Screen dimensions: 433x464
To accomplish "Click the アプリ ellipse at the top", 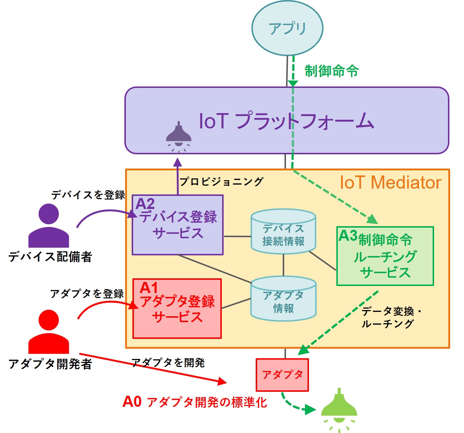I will coord(287,28).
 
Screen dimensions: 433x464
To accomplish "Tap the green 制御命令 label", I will coord(331,71).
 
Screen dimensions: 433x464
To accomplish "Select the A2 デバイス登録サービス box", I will coord(178,225).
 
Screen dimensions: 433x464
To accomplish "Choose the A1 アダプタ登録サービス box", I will coord(177,309).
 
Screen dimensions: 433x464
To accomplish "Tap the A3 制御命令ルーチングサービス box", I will coord(385,256).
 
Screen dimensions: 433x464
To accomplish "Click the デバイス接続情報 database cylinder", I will coord(283,231).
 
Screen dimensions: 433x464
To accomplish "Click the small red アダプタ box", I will coord(282,375).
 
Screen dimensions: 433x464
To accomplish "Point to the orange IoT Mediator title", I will coord(390,182).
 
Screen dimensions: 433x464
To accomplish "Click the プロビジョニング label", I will coord(221,181).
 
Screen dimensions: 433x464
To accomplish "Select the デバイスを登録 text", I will coord(88,195).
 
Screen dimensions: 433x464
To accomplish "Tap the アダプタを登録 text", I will coord(87,294).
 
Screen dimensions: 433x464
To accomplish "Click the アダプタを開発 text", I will coord(168,363).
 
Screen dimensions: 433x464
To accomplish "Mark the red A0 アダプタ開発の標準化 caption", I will coord(195,402).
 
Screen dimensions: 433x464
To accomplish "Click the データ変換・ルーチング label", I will coord(391,317).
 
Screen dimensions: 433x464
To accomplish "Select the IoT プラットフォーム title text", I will coord(287,121).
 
